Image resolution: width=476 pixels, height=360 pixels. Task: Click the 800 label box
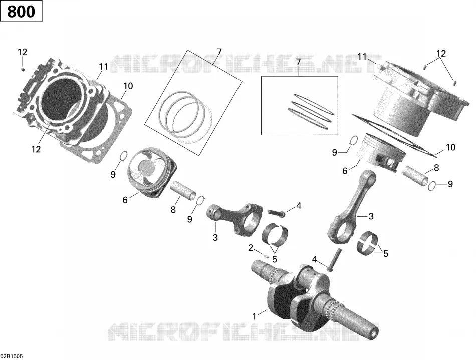21,12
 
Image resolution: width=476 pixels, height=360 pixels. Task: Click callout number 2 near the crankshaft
251,248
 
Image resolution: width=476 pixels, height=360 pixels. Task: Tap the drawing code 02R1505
12,356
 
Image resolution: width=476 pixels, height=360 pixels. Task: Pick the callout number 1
254,316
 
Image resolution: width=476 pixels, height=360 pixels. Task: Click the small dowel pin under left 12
22,69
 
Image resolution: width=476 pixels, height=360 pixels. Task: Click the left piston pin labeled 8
184,190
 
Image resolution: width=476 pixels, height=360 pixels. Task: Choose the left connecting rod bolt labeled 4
276,213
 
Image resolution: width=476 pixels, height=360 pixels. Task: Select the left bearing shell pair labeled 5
275,234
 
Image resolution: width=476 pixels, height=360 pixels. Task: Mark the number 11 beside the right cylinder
362,57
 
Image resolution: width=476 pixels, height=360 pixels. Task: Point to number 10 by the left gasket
128,86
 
